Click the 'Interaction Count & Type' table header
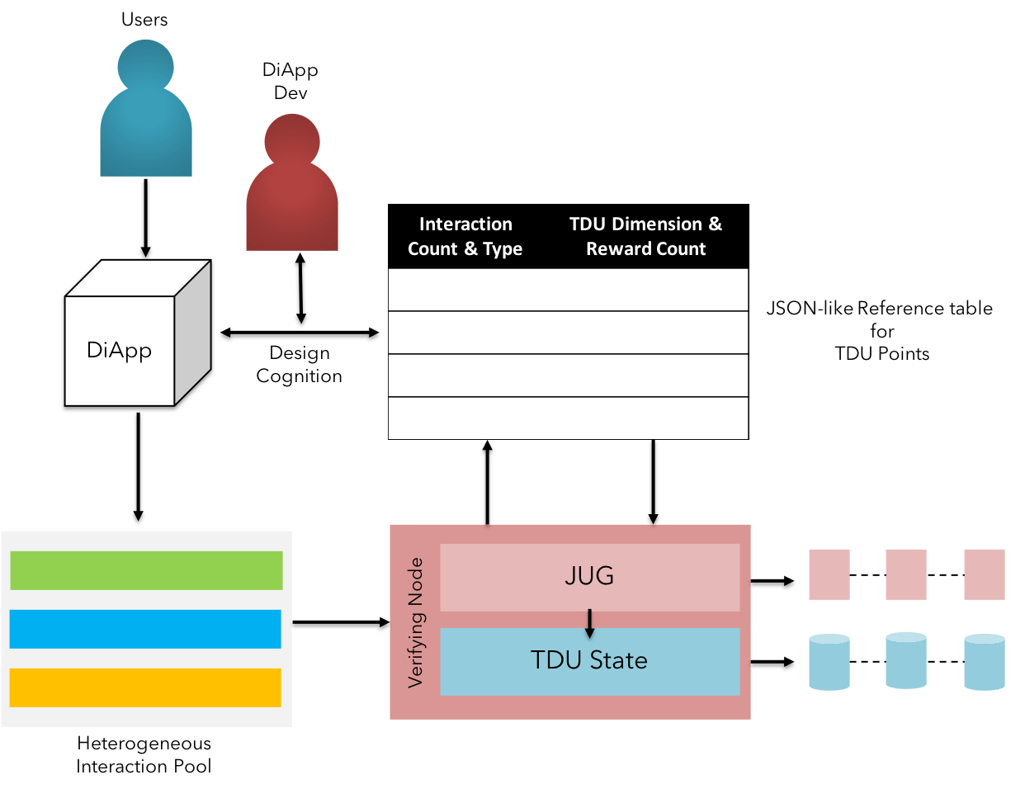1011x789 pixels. click(x=465, y=237)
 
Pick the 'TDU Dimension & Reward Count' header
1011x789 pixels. click(x=645, y=237)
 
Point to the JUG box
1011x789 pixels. click(x=589, y=577)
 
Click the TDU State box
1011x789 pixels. click(x=589, y=661)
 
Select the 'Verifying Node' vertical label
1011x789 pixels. click(x=417, y=623)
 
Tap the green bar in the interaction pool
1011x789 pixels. click(x=146, y=570)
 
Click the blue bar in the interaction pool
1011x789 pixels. click(x=146, y=629)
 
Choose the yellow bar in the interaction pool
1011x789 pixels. click(x=146, y=687)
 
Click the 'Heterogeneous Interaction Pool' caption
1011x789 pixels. click(x=144, y=755)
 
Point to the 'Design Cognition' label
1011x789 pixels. click(x=299, y=365)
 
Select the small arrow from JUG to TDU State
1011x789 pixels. click(x=589, y=623)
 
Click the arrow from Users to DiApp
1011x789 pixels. click(x=146, y=219)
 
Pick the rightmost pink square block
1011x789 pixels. click(x=984, y=574)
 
